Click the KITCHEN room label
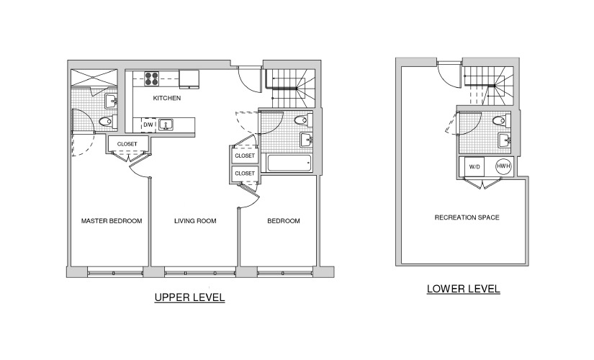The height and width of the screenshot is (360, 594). click(167, 98)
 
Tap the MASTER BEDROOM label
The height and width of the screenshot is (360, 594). click(112, 221)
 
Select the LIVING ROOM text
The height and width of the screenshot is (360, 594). click(195, 221)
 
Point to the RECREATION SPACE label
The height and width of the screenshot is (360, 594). click(467, 217)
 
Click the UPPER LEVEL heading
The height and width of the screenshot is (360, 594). click(189, 297)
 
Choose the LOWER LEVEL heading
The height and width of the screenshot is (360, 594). click(463, 289)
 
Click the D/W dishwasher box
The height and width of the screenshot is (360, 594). click(148, 125)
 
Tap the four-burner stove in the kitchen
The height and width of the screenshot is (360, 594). click(152, 78)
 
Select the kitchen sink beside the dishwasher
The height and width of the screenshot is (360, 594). click(166, 125)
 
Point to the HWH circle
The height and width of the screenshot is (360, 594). click(503, 166)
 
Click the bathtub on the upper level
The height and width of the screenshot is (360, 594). click(289, 163)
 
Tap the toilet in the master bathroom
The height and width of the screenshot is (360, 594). click(107, 122)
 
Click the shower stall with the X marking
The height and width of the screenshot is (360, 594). click(94, 78)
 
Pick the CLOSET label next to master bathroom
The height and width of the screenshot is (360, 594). click(127, 144)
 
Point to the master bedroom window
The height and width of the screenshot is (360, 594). click(115, 272)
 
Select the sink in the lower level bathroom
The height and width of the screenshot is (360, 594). click(505, 140)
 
